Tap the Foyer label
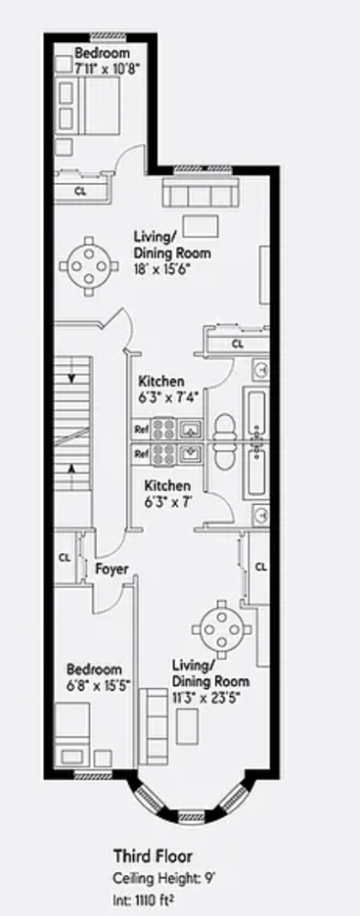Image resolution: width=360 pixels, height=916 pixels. [x=112, y=569]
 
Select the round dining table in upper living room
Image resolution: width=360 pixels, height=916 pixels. [x=88, y=267]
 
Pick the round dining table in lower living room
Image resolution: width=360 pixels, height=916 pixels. [x=222, y=629]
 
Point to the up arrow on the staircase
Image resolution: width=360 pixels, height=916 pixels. [x=71, y=470]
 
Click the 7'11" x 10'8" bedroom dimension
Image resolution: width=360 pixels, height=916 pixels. [x=106, y=67]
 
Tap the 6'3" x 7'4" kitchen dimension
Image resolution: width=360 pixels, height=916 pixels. [x=169, y=397]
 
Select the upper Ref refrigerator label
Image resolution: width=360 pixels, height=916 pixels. [x=141, y=429]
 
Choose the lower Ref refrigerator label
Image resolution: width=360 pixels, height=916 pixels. [x=141, y=453]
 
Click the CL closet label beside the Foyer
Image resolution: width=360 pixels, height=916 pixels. [x=65, y=558]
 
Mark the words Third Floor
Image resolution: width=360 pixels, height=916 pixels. [x=153, y=856]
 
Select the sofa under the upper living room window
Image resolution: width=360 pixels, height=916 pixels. [x=200, y=192]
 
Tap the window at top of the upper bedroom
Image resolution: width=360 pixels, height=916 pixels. [x=107, y=37]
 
